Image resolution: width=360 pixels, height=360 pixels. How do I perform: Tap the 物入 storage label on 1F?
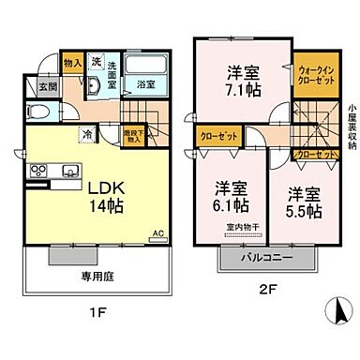pyautogui.click(x=72, y=64)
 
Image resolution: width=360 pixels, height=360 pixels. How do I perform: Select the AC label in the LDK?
pyautogui.click(x=157, y=232)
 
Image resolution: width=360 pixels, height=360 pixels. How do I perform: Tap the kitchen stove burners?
pyautogui.click(x=40, y=171)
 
